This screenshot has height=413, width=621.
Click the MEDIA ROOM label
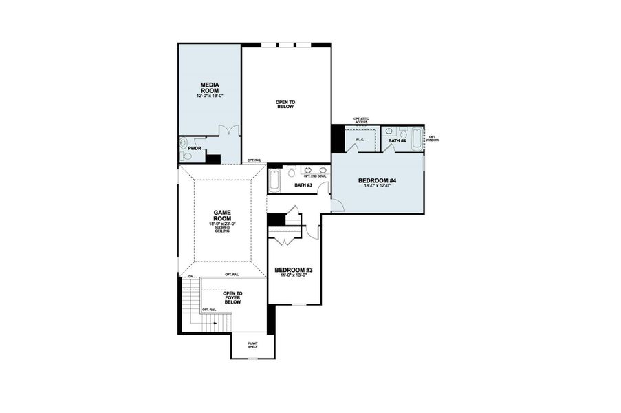coord(210,87)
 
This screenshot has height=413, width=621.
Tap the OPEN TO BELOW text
coord(285,104)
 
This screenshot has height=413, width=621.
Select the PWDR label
coord(195,148)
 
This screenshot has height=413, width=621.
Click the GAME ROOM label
coord(221,216)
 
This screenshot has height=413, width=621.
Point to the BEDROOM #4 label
coord(377,181)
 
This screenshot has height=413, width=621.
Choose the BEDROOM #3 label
coord(294,270)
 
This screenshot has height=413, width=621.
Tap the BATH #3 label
coord(303,184)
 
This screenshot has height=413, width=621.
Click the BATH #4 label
coord(397,141)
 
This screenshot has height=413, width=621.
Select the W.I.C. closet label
coord(360,140)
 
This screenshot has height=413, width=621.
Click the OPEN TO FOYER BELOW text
coord(232,297)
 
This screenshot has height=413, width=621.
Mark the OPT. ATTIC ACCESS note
coord(361,120)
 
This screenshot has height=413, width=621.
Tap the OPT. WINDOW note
coord(433,138)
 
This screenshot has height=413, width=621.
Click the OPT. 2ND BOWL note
coord(314,176)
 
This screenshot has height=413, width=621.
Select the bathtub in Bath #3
coord(274,180)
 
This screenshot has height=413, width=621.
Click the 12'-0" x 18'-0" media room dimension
coord(210,96)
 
